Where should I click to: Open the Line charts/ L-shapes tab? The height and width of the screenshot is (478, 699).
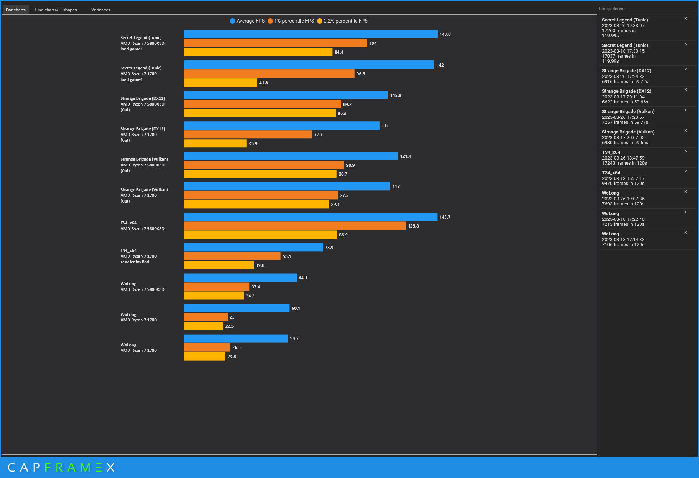56,10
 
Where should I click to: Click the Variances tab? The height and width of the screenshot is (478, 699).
101,10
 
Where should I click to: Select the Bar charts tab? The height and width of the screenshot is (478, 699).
16,10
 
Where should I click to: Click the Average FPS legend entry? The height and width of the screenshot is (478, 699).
247,21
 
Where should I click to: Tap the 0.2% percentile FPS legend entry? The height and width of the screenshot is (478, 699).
342,21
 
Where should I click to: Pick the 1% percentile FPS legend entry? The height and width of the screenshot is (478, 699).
291,21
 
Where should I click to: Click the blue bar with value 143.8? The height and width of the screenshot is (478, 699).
310,34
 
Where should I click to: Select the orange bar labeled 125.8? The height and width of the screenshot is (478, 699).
294,226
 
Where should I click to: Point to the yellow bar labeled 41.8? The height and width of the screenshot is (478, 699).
220,83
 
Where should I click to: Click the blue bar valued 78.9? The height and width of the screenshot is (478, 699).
253,247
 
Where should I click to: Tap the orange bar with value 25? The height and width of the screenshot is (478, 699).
205,317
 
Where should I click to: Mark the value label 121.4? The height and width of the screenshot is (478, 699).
405,156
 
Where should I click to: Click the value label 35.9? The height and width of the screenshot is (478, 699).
253,144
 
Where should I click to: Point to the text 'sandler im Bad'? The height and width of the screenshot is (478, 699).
135,262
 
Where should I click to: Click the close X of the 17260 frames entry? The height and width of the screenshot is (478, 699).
686,19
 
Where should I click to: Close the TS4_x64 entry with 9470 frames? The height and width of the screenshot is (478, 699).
686,171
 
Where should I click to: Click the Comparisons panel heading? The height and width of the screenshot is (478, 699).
611,9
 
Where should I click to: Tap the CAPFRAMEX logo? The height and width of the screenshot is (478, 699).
61,467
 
